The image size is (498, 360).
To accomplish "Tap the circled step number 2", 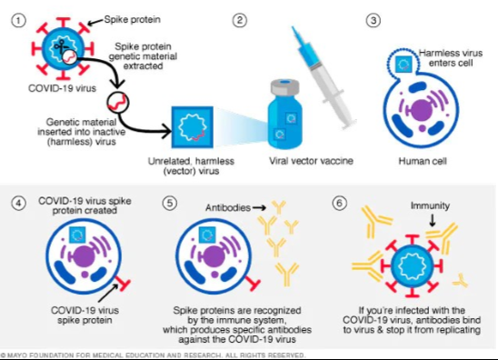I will click(x=240, y=20).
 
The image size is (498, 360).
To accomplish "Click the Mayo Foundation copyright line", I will click(x=154, y=355).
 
